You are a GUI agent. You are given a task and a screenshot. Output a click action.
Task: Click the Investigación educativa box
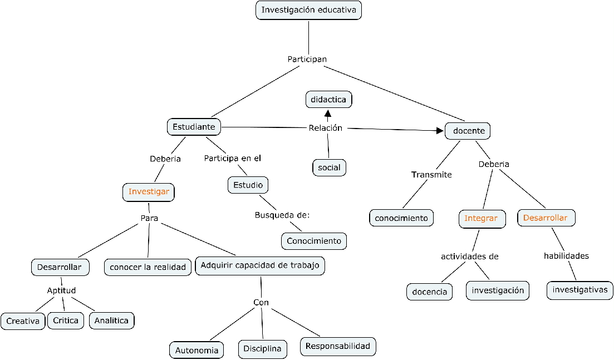coord(308,10)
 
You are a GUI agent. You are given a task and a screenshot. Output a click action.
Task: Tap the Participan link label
coord(307,59)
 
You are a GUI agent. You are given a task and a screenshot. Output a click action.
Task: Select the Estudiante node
coord(194,127)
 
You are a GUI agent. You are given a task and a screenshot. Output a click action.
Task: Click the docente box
coord(468,131)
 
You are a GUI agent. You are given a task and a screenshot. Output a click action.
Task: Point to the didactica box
coord(328,100)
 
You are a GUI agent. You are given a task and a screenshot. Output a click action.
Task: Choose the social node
coord(329,167)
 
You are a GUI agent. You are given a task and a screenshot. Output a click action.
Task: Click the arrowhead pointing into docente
coord(440,131)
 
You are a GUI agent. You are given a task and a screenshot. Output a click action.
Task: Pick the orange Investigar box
coord(149,192)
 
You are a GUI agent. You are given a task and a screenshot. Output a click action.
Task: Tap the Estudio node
coord(248,185)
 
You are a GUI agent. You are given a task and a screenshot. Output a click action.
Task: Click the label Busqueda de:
coord(282,215)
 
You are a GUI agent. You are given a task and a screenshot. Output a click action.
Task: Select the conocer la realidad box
coord(148,267)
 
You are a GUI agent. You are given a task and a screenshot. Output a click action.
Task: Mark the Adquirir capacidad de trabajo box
coord(260,265)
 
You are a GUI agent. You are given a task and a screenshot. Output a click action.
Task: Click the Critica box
coord(66,320)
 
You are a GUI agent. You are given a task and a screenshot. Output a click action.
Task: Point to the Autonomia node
coord(197,351)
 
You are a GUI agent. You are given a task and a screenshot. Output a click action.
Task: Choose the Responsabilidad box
coord(338,346)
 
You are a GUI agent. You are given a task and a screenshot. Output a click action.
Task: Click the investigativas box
coord(579,290)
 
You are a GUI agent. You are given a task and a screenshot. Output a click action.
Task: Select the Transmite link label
coord(431,175)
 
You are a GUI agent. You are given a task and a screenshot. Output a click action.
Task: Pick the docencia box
coord(430,292)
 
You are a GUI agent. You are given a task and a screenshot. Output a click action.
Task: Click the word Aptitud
coord(61,290)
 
